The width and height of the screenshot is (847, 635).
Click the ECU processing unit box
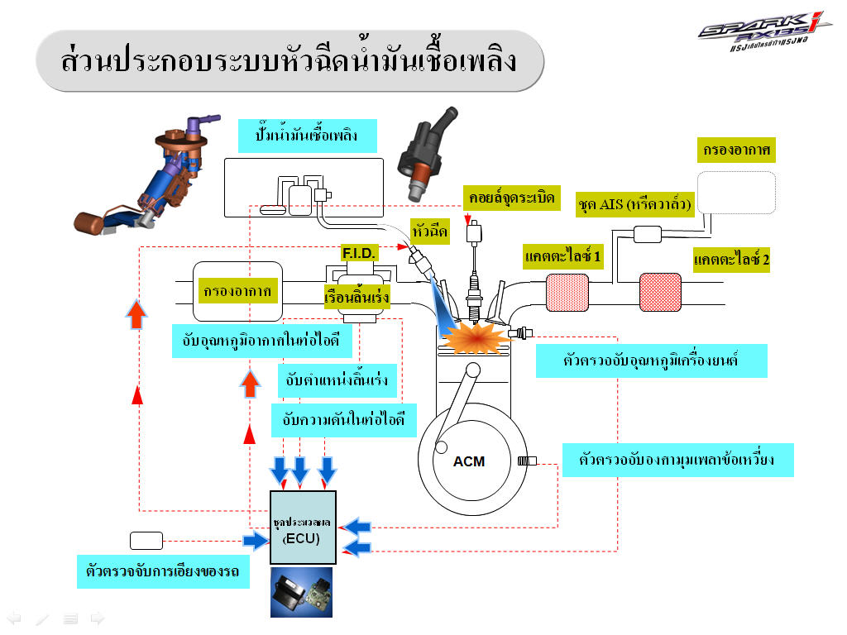tap(304, 527)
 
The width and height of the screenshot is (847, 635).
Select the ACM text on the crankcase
tap(469, 461)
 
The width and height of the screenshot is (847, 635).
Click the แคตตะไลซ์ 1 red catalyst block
tap(566, 290)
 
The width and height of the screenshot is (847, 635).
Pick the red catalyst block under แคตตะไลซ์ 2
tap(660, 292)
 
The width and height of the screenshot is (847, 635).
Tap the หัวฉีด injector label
tap(429, 232)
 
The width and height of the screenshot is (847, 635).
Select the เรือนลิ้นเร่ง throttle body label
tap(357, 295)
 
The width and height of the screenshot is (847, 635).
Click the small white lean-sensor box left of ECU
tap(146, 541)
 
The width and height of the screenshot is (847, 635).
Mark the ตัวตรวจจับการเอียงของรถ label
tap(163, 571)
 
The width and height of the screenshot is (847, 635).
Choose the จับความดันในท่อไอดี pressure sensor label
tap(343, 420)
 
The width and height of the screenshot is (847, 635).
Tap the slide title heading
tap(290, 60)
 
